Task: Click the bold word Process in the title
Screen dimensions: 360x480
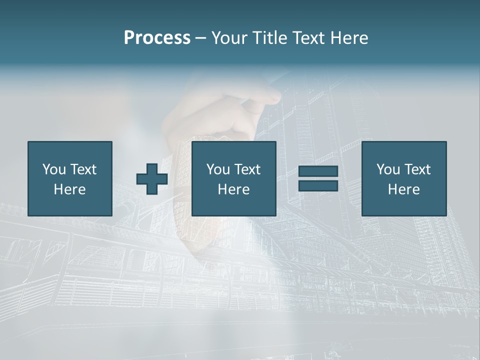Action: click(x=157, y=38)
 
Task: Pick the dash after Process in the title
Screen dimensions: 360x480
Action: click(x=201, y=38)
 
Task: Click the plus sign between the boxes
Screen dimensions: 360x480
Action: click(x=152, y=179)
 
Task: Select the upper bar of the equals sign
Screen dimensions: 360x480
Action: click(x=318, y=171)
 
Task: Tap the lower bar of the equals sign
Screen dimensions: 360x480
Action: click(x=318, y=185)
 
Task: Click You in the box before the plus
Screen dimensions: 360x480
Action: click(x=53, y=169)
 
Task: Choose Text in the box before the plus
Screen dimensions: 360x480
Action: click(x=83, y=169)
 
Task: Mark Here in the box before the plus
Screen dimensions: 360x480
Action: click(x=69, y=189)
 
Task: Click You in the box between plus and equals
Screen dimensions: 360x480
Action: click(x=217, y=169)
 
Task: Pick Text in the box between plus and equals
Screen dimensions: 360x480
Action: click(x=247, y=169)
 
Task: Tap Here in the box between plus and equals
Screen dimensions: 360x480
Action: click(x=233, y=189)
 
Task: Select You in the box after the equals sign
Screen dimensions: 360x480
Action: click(x=387, y=169)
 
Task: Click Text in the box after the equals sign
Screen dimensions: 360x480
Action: click(x=417, y=169)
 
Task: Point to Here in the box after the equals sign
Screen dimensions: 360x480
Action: click(x=403, y=189)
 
